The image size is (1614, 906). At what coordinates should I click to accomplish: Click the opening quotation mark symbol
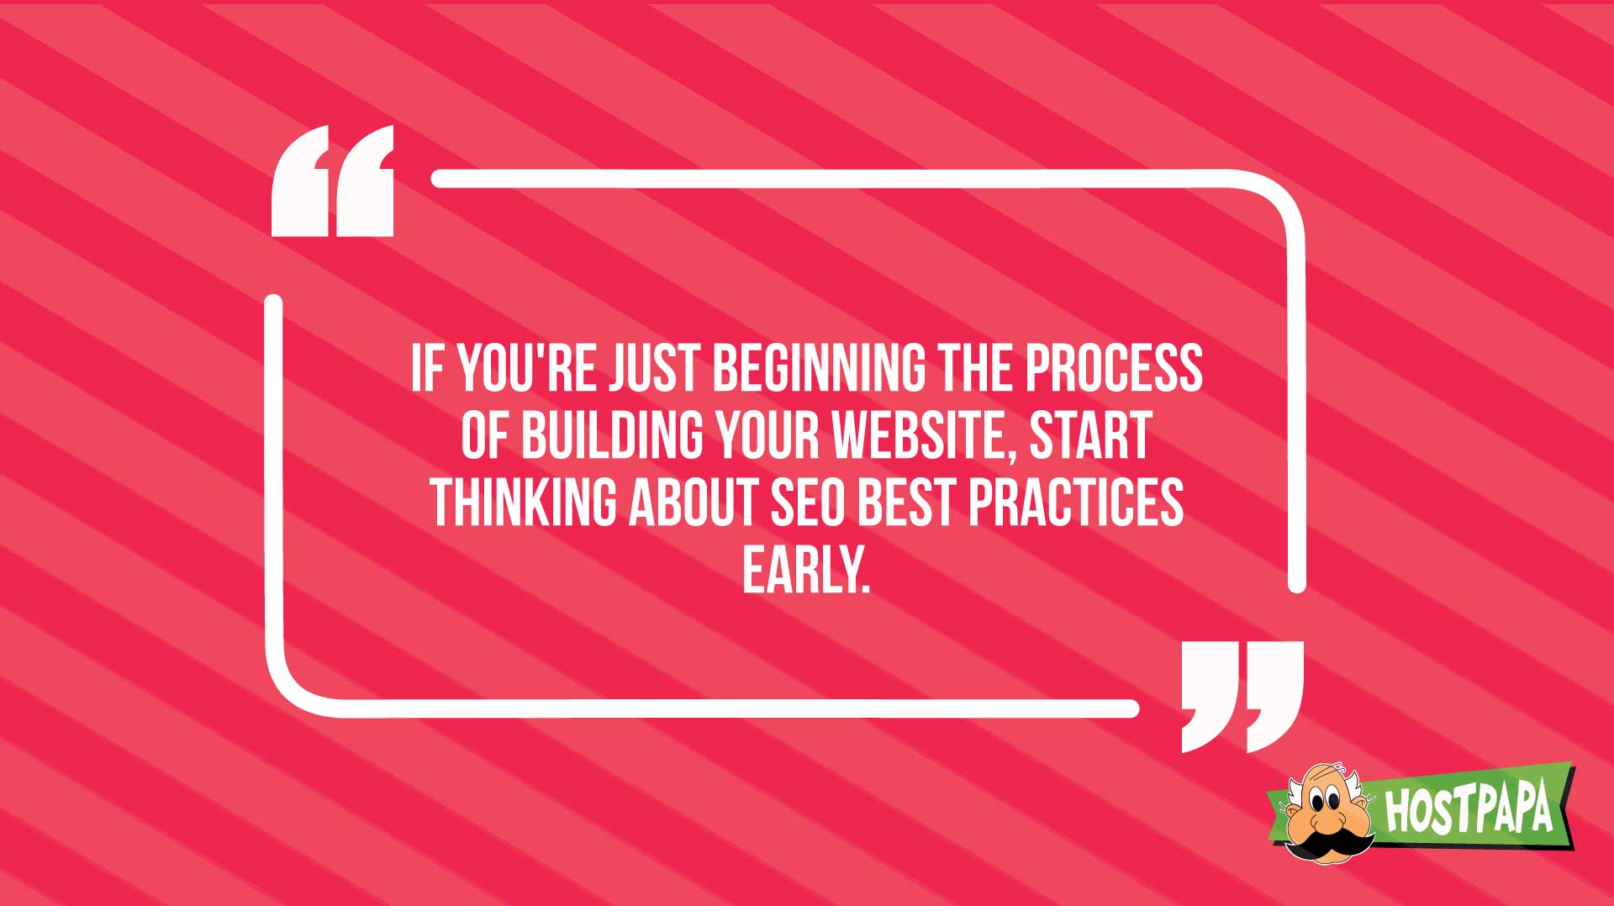(x=333, y=181)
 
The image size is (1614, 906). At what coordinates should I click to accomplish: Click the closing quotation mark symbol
(x=1242, y=697)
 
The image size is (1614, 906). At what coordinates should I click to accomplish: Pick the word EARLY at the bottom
(x=805, y=571)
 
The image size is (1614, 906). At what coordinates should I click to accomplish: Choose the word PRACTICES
(x=1075, y=503)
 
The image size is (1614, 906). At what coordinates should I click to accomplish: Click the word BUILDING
(x=612, y=436)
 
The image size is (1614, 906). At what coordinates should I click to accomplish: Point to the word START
(x=1090, y=436)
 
